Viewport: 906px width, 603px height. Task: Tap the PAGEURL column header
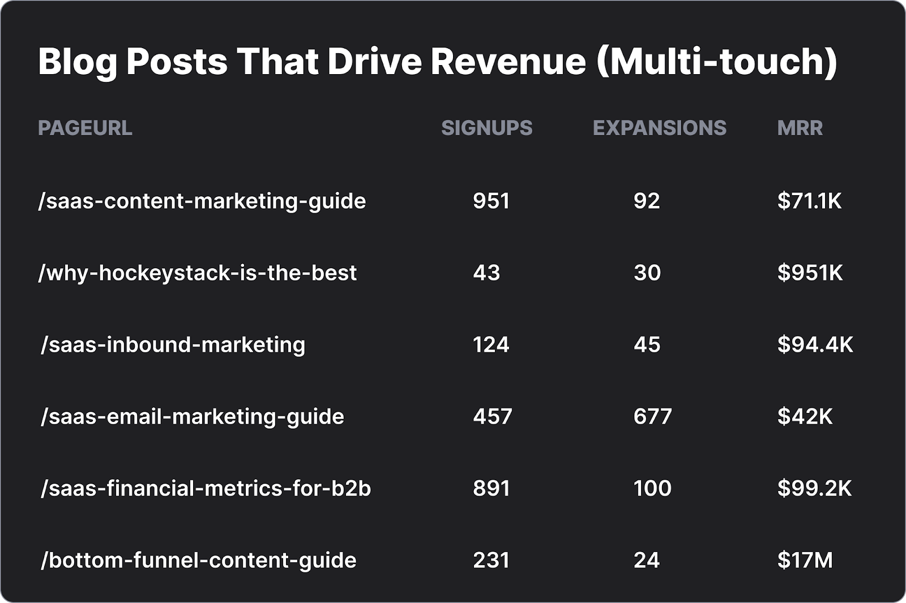pyautogui.click(x=85, y=128)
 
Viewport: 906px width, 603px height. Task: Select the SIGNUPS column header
pyautogui.click(x=486, y=128)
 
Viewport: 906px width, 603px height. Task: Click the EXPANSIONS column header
pyautogui.click(x=659, y=128)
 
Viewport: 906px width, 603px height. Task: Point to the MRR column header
pyautogui.click(x=800, y=128)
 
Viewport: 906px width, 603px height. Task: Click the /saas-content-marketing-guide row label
pyautogui.click(x=202, y=201)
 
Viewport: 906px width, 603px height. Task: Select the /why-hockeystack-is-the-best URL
pyautogui.click(x=197, y=273)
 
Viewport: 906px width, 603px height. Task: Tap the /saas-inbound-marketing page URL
pyautogui.click(x=173, y=345)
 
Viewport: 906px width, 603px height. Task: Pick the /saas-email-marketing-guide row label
pyautogui.click(x=192, y=417)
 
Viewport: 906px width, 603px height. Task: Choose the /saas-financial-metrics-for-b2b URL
pyautogui.click(x=206, y=489)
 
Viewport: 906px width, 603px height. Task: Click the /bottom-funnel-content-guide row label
pyautogui.click(x=198, y=561)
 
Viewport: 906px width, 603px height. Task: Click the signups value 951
pyautogui.click(x=491, y=201)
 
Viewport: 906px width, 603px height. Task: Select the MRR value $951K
pyautogui.click(x=810, y=273)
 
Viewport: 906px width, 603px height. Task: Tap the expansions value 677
pyautogui.click(x=652, y=417)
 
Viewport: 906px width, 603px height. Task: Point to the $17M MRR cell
pyautogui.click(x=805, y=561)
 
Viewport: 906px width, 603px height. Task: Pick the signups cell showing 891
pyautogui.click(x=491, y=489)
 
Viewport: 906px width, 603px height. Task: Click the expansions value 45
pyautogui.click(x=647, y=345)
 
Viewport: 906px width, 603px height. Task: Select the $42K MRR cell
pyautogui.click(x=805, y=417)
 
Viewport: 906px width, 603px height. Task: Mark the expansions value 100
pyautogui.click(x=652, y=489)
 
